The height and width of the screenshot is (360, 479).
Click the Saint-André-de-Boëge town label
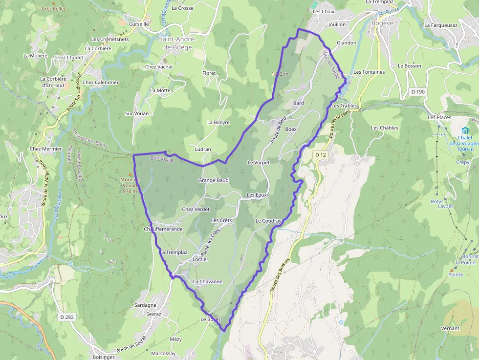177,43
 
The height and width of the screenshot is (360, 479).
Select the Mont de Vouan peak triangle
130,173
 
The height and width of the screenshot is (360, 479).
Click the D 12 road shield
320,154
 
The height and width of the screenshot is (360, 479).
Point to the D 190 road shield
418,91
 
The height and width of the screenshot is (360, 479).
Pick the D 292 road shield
67,317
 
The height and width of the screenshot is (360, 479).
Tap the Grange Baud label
213,180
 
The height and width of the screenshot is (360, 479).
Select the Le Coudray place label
268,221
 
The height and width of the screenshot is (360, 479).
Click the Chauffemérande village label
163,229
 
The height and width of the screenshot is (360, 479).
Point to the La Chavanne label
208,281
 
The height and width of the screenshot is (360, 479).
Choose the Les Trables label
344,106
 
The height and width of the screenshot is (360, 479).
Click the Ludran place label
203,149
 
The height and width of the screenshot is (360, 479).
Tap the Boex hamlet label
291,129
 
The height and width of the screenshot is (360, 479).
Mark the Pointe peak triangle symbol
451,270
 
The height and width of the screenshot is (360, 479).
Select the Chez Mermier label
46,149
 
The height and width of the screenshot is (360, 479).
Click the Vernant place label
450,328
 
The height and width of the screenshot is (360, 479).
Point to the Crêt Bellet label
53,8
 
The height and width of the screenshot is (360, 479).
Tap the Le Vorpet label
258,162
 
